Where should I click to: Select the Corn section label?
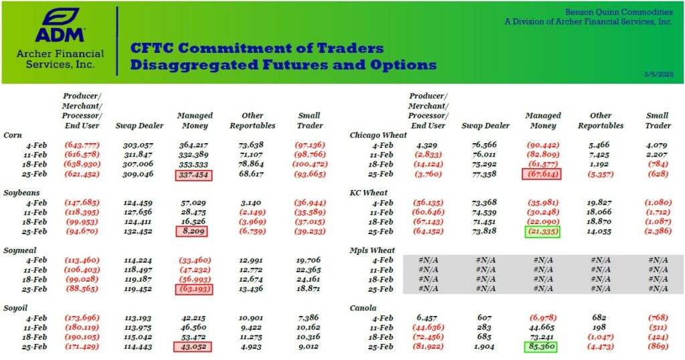click(14, 135)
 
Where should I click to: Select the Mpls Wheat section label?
click(373, 250)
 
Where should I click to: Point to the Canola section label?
click(364, 308)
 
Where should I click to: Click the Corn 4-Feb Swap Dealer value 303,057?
click(138, 145)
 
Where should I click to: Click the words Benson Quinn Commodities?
click(619, 12)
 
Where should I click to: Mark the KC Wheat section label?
click(369, 193)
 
